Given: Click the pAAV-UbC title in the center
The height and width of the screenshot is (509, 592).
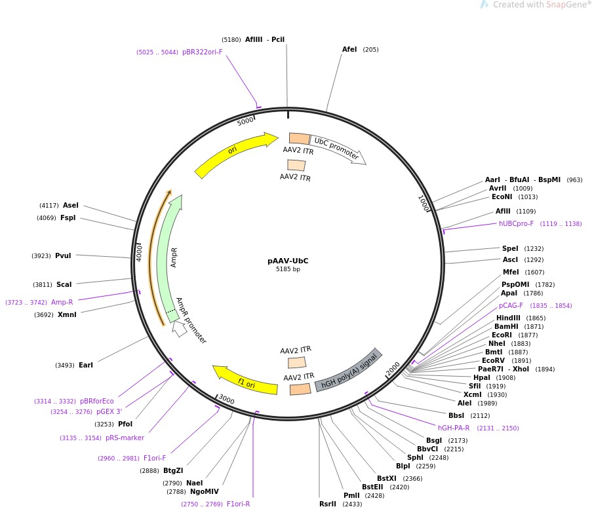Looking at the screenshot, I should (x=288, y=261).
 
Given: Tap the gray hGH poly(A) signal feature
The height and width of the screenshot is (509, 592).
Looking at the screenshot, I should (x=348, y=370).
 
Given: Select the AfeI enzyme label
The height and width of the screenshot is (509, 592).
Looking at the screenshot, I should (x=349, y=49).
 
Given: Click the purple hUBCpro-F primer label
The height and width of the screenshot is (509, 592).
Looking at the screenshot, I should (x=516, y=223).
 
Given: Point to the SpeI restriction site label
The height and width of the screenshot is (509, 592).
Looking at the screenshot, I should (x=510, y=248).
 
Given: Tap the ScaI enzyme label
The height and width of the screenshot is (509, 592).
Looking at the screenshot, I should (x=64, y=284).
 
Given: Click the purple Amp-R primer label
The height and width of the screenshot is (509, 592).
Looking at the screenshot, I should (x=62, y=302).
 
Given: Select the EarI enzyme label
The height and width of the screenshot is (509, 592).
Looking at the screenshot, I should (x=86, y=365).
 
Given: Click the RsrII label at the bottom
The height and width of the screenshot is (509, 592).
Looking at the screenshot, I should (x=327, y=504).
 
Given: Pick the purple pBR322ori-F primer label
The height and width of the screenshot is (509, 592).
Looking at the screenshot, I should (x=202, y=52).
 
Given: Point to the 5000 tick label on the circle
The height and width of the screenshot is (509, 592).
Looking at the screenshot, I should (x=245, y=121).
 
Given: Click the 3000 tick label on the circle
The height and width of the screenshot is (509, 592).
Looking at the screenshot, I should (x=226, y=399).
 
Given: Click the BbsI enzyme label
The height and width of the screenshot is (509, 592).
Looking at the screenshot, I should (x=456, y=415).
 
